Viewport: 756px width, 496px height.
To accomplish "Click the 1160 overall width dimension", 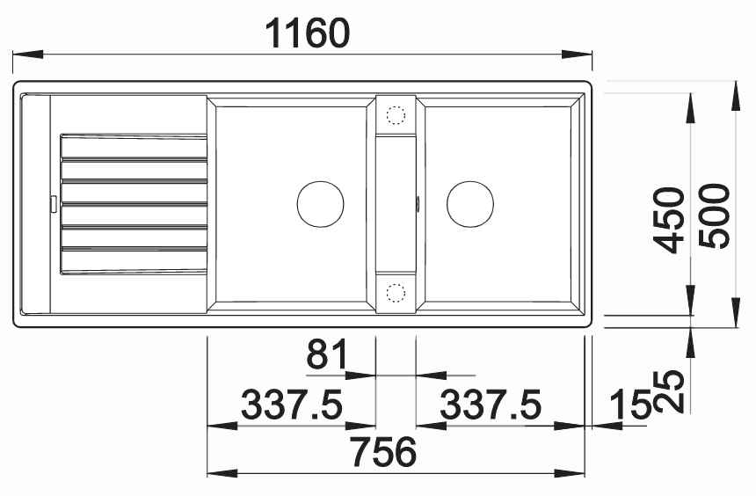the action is (x=307, y=33).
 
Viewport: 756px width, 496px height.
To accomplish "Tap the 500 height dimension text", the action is (x=715, y=216).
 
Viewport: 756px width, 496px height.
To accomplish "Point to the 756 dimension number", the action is (x=383, y=452).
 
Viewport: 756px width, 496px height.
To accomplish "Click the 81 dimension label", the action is (x=327, y=354).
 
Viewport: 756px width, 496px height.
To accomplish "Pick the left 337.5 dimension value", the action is (x=292, y=405).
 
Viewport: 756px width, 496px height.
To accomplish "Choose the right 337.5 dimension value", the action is (x=491, y=405).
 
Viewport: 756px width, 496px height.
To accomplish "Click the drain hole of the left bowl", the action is (x=321, y=204).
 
